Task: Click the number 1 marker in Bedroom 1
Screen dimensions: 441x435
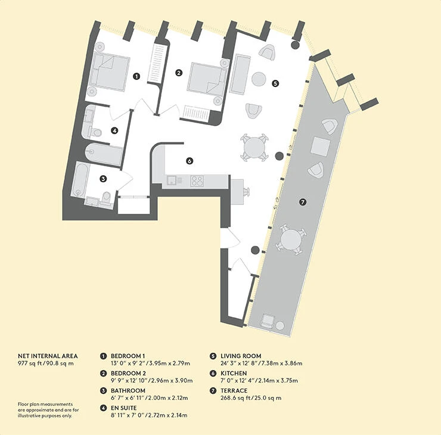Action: pos(136,76)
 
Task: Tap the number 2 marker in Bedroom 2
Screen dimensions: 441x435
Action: pos(179,73)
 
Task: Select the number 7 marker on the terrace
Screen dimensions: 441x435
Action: pos(303,202)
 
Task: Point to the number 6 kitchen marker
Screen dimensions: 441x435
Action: pos(190,161)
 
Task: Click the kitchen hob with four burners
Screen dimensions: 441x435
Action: pos(197,181)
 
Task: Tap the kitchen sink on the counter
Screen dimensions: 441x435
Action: pos(172,180)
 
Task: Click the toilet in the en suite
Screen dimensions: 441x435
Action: pos(95,132)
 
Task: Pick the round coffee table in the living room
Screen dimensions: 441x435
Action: pos(259,79)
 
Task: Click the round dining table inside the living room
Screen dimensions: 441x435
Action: pos(254,147)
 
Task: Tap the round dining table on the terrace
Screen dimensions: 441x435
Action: pos(291,239)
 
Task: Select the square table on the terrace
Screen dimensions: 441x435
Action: pos(321,146)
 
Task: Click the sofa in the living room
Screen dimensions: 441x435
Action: pos(240,74)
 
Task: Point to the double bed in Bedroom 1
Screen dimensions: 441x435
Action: pos(108,72)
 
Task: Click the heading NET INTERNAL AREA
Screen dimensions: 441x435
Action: pos(48,356)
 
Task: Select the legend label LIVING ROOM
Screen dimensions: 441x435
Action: pos(241,356)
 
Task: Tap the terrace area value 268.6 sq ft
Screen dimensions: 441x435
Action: pos(235,398)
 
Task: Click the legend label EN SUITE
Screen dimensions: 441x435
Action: pos(124,408)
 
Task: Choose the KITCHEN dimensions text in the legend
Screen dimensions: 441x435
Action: pos(259,380)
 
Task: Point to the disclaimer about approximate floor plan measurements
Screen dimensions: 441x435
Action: pos(48,410)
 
